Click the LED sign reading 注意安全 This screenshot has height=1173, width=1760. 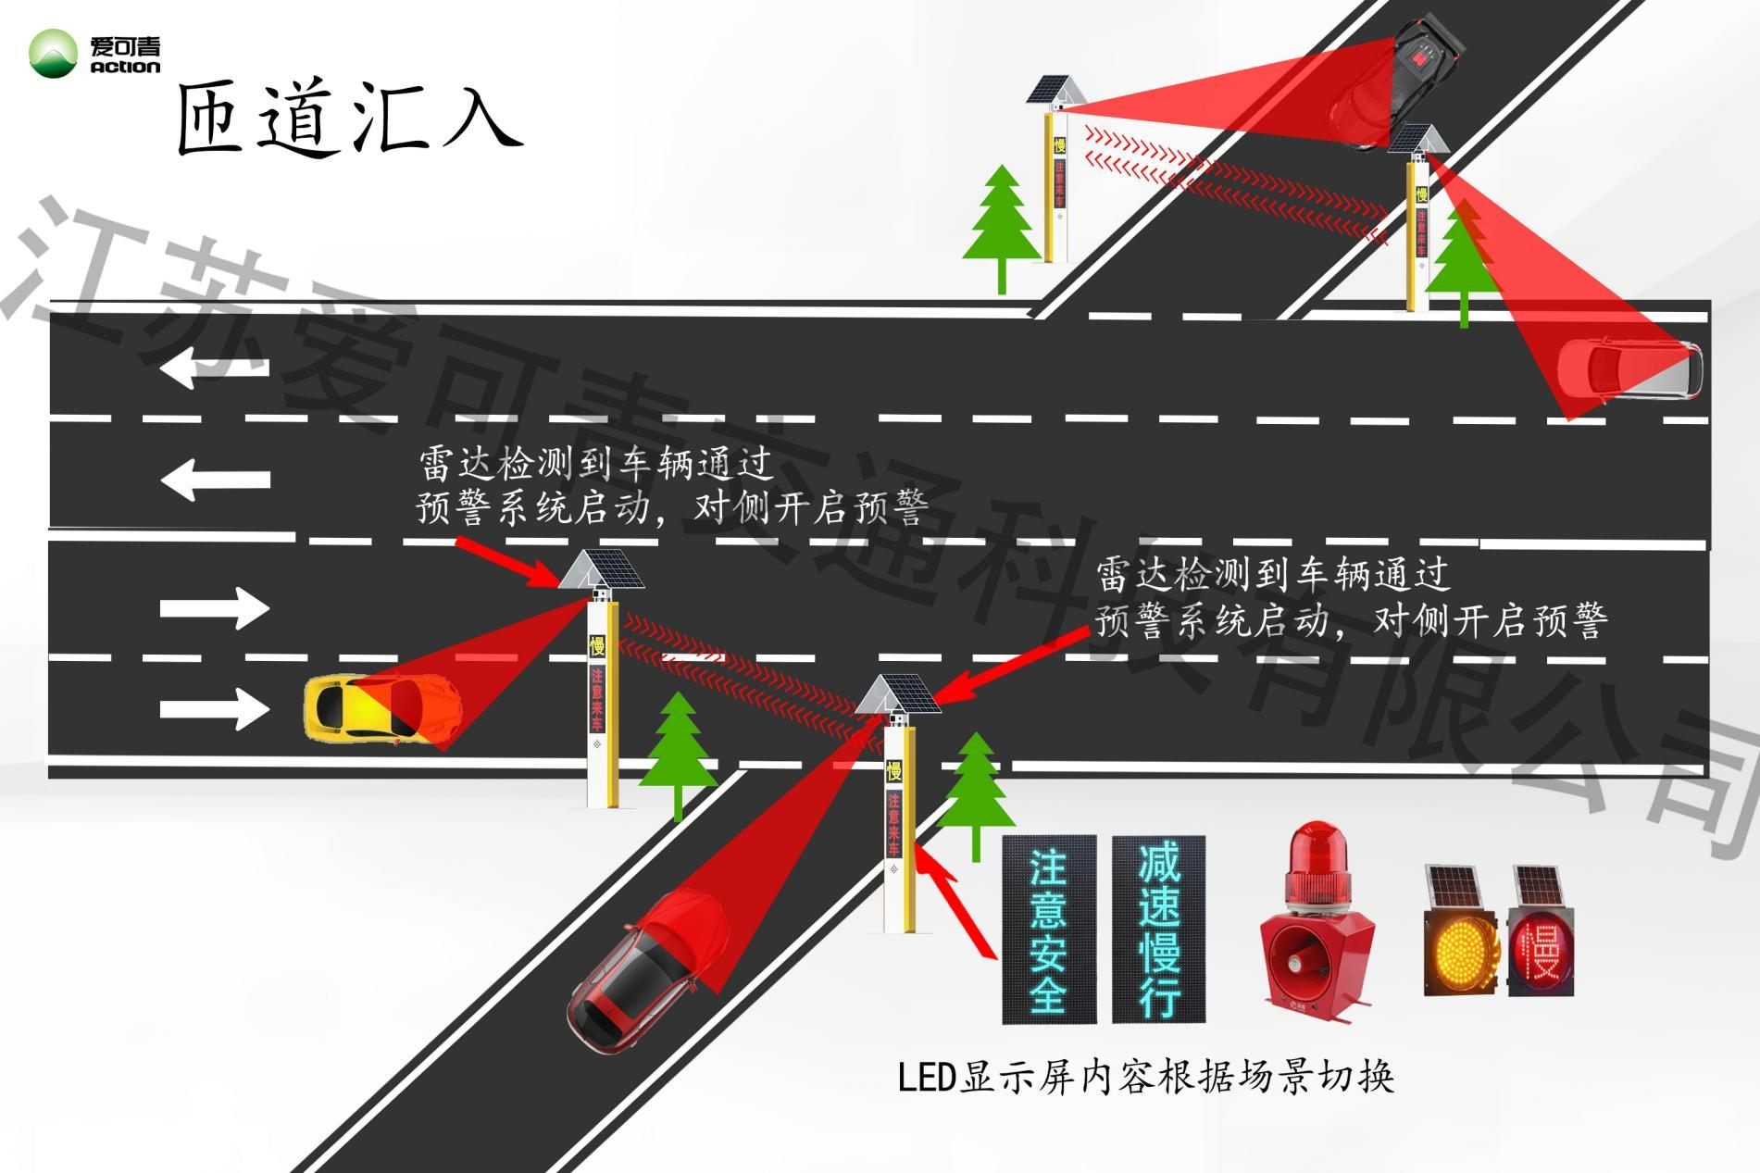pyautogui.click(x=1048, y=930)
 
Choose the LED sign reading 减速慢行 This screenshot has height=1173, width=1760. pyautogui.click(x=1158, y=930)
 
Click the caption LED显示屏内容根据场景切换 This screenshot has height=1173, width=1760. pyautogui.click(x=1145, y=1078)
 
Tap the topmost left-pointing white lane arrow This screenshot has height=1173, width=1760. pyautogui.click(x=215, y=368)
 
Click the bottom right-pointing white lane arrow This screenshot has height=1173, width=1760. pyautogui.click(x=215, y=708)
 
